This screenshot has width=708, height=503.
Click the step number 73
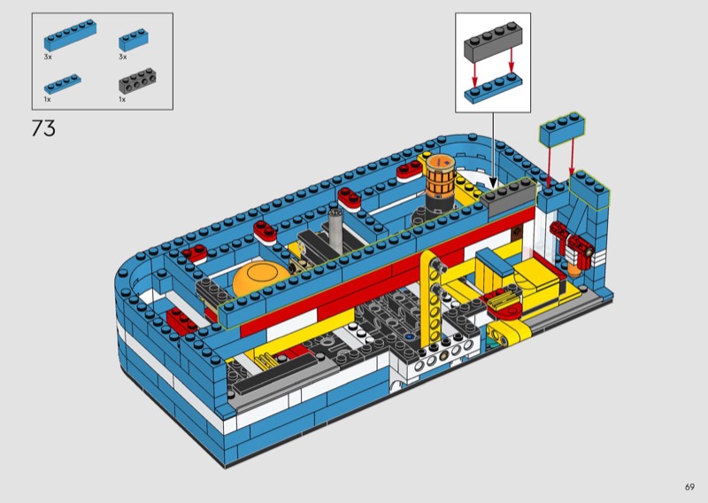tap(43, 128)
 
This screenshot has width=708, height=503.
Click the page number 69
tap(689, 487)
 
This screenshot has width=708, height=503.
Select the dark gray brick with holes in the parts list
tap(138, 81)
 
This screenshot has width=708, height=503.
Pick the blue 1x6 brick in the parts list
tap(70, 35)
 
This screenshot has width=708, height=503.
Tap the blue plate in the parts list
tap(63, 84)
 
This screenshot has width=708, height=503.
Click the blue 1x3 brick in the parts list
tap(135, 40)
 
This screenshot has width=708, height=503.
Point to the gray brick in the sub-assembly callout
tap(493, 42)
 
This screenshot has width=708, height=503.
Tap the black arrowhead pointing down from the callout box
tap(493, 183)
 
